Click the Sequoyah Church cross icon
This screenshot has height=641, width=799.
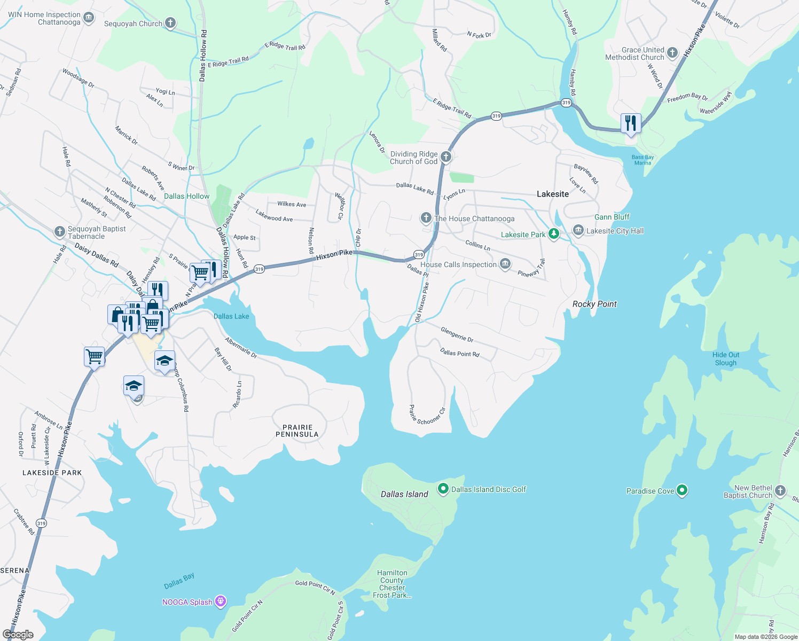pos(170,22)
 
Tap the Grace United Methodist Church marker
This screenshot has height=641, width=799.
pos(672,52)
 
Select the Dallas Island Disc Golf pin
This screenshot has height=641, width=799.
pos(443,489)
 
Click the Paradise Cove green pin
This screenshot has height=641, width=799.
pos(681,490)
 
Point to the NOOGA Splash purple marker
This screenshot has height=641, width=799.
pos(221,601)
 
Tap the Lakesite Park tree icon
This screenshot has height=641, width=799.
pos(554,234)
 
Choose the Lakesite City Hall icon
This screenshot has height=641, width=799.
pos(578,230)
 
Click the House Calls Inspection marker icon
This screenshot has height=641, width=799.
pos(505,264)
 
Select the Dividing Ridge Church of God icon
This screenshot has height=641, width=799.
pos(446,157)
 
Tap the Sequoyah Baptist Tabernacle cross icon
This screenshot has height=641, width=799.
pos(60,232)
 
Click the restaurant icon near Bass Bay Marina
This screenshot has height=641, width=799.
pos(631,123)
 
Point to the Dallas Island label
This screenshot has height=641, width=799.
pos(404,494)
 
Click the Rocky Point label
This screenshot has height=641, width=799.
pos(594,304)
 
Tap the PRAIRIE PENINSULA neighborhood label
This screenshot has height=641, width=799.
pos(297,431)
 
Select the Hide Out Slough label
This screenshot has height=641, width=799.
pos(726,358)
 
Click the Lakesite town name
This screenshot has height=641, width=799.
pos(553,194)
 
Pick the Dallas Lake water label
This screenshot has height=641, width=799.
pos(231,316)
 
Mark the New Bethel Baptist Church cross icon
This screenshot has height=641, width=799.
pos(780,490)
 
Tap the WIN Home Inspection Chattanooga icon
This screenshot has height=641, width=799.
pos(89,18)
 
